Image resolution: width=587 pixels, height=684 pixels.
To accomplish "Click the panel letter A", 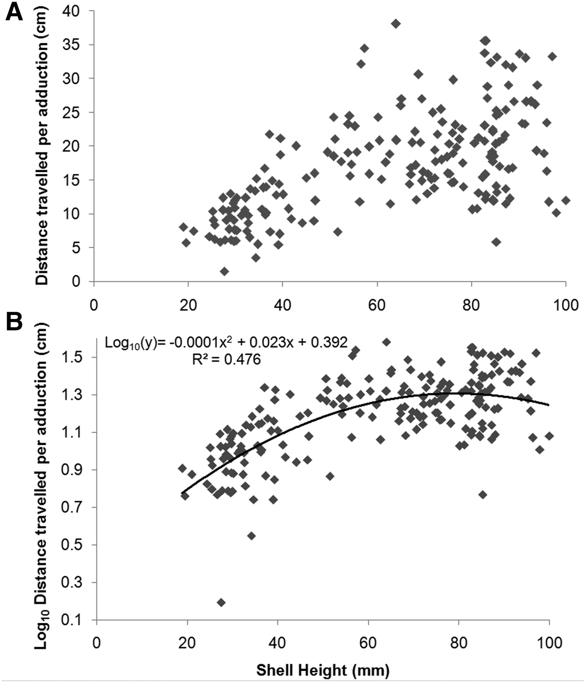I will pos(14,13).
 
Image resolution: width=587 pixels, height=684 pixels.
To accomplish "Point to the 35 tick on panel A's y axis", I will pos(71,45).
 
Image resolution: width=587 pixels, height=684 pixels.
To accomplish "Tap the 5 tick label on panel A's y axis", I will pos(76,248).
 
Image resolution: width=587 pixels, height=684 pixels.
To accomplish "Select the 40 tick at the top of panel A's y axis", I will pos(71,11).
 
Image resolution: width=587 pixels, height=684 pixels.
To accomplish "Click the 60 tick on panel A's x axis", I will pos(377,305).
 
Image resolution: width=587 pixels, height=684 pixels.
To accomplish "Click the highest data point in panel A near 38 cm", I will pos(396,24).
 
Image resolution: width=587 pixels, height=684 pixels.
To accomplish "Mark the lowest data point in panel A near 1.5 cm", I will pos(224,271).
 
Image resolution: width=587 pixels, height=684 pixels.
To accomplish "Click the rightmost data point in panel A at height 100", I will pos(566,200).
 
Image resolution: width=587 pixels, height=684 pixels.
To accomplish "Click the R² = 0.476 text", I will pos(226,359).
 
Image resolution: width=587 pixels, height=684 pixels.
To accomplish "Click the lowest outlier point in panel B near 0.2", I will pos(221,602).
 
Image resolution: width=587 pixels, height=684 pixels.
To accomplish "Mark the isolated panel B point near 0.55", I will pos(251,536).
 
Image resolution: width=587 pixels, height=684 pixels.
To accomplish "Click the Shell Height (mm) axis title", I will pos(323,670).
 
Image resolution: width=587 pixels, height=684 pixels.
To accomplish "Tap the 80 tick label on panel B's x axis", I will pos(458,643).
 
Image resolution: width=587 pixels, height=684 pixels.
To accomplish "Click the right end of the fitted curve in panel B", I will pos(548,405).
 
